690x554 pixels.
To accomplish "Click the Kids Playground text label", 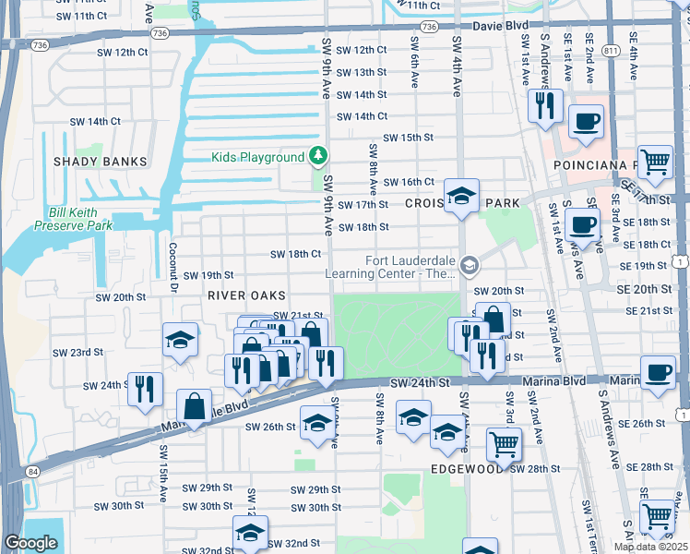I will pos(257,157).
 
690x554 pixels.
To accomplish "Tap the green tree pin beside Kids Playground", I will pos(318,155).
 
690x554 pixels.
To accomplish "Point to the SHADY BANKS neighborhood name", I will pos(101,162).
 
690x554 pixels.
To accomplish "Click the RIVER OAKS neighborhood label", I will pos(242,295).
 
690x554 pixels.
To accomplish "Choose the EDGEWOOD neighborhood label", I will pos(465,469).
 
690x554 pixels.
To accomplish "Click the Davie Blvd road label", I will pos(498,27).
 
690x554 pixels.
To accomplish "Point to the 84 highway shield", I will pos(33,472).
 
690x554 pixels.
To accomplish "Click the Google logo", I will pos(30,543).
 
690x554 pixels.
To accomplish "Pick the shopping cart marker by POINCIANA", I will pos(655,163).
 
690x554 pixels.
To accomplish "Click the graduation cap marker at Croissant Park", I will pos(461,195).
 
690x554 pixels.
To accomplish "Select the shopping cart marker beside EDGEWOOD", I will pos(504,444).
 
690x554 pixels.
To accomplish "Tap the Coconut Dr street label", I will pos(172,264).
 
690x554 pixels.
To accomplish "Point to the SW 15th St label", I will pos(408,138).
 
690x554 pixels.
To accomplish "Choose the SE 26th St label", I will pos(647,424).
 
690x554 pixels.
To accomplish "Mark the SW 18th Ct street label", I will pos(295,254).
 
